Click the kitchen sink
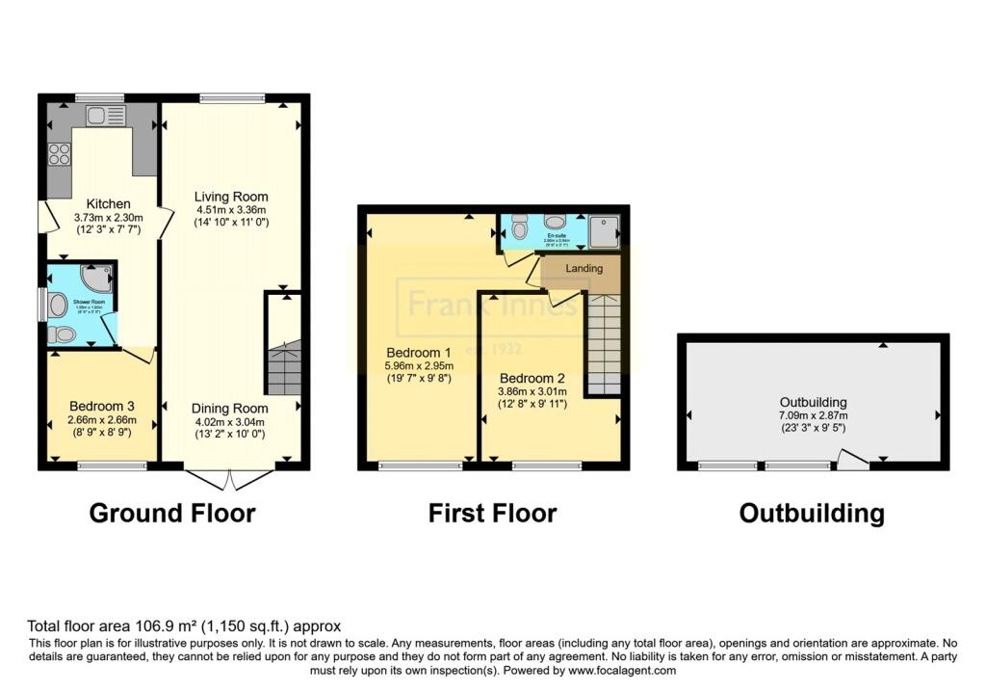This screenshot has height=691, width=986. pos(99,116)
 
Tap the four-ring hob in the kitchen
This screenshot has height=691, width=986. pos(59,153)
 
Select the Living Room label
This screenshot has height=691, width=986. pos(231,197)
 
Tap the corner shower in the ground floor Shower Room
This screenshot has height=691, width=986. pos(98,278)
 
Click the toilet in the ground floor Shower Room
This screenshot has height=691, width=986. pos(64,334)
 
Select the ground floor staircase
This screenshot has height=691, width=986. pos(283,367)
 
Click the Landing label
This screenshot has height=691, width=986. pos(584,269)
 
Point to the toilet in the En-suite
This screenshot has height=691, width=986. pos(519,228)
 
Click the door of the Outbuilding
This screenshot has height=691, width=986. pos(850,461)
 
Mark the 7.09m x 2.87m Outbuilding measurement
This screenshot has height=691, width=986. pos(813,415)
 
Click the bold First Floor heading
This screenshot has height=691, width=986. pos(492,514)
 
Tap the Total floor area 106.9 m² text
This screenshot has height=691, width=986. pos(184,625)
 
